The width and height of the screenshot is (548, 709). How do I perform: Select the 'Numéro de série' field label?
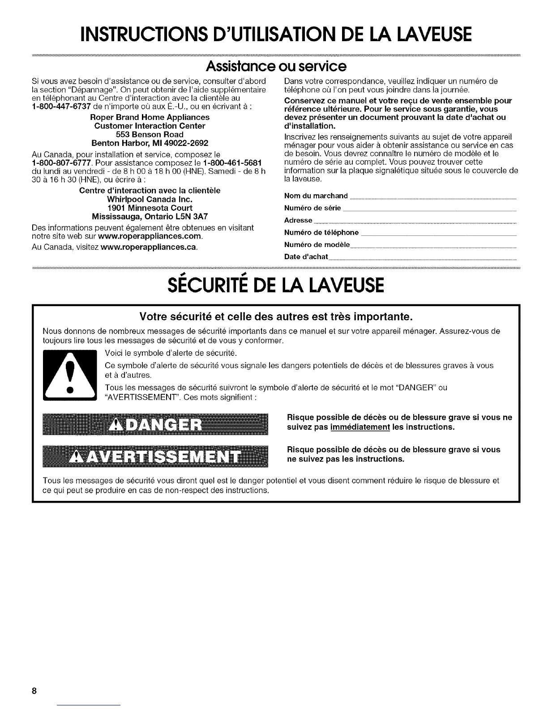[313, 208]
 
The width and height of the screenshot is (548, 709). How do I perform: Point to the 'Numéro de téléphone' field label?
[321, 232]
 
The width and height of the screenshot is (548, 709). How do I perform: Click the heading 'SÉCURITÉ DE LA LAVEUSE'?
[274, 285]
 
